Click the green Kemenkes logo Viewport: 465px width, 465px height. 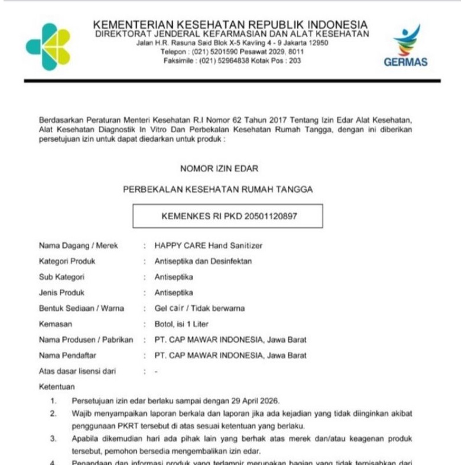[x=48, y=47]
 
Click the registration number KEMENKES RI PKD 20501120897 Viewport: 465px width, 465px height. [x=229, y=216]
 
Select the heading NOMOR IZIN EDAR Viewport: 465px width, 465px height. [x=219, y=168]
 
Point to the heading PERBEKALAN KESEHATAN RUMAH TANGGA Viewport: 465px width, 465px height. [x=218, y=190]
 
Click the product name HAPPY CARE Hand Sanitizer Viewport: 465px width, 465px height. [x=209, y=245]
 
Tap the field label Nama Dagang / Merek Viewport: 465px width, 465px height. [x=79, y=245]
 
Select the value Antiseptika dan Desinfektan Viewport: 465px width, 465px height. [x=203, y=261]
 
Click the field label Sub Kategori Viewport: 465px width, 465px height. [x=61, y=277]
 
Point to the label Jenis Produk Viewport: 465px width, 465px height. [x=61, y=292]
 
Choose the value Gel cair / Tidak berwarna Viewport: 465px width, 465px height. [x=200, y=308]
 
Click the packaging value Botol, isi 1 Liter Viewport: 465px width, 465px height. [x=181, y=324]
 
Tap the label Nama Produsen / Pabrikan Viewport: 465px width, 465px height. [x=86, y=340]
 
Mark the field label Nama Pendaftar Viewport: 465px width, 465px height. [x=67, y=356]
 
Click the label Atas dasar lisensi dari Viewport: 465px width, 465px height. [x=77, y=371]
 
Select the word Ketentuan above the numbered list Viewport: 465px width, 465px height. [x=57, y=387]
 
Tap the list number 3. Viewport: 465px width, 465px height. [x=53, y=438]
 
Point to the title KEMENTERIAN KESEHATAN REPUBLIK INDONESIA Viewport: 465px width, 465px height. [x=230, y=25]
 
